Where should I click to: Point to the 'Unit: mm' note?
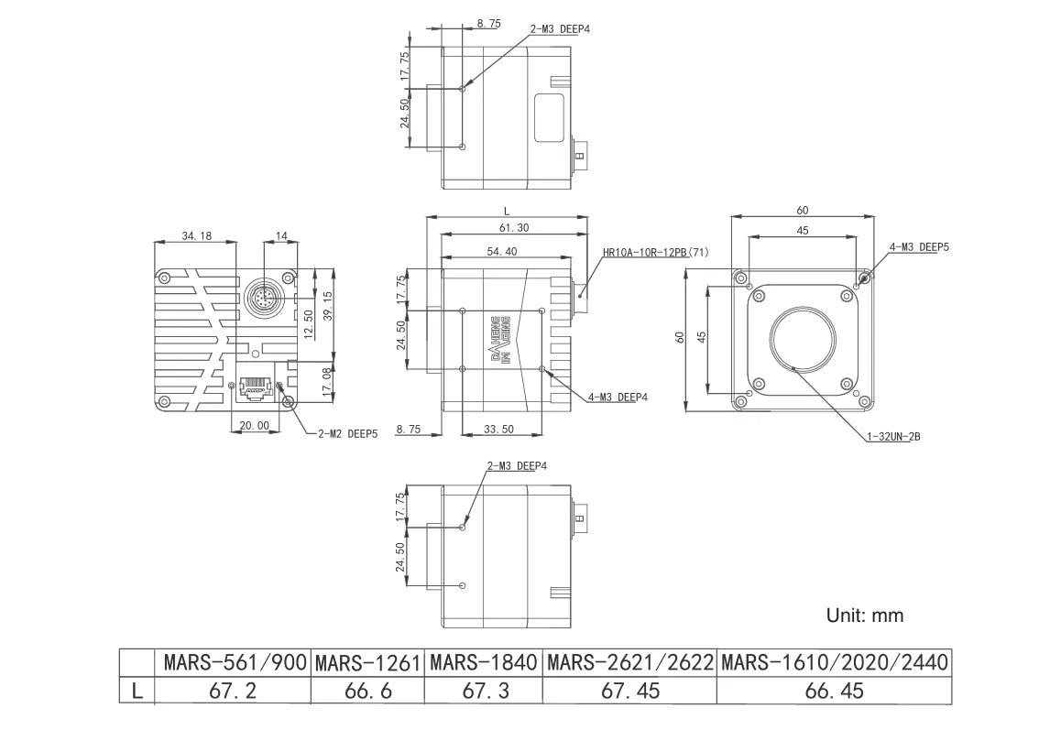[x=864, y=616]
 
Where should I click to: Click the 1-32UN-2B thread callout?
[x=892, y=437]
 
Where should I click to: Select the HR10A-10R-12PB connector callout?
[x=655, y=252]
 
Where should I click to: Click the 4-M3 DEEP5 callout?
[x=919, y=247]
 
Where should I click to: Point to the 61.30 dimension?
[x=512, y=227]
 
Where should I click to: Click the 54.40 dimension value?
[x=498, y=251]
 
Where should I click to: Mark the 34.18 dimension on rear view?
[x=196, y=236]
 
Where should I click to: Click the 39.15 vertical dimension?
[x=328, y=300]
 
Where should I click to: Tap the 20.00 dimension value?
[x=254, y=425]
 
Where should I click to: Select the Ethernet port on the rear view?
[x=255, y=388]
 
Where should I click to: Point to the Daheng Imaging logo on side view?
[x=499, y=339]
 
